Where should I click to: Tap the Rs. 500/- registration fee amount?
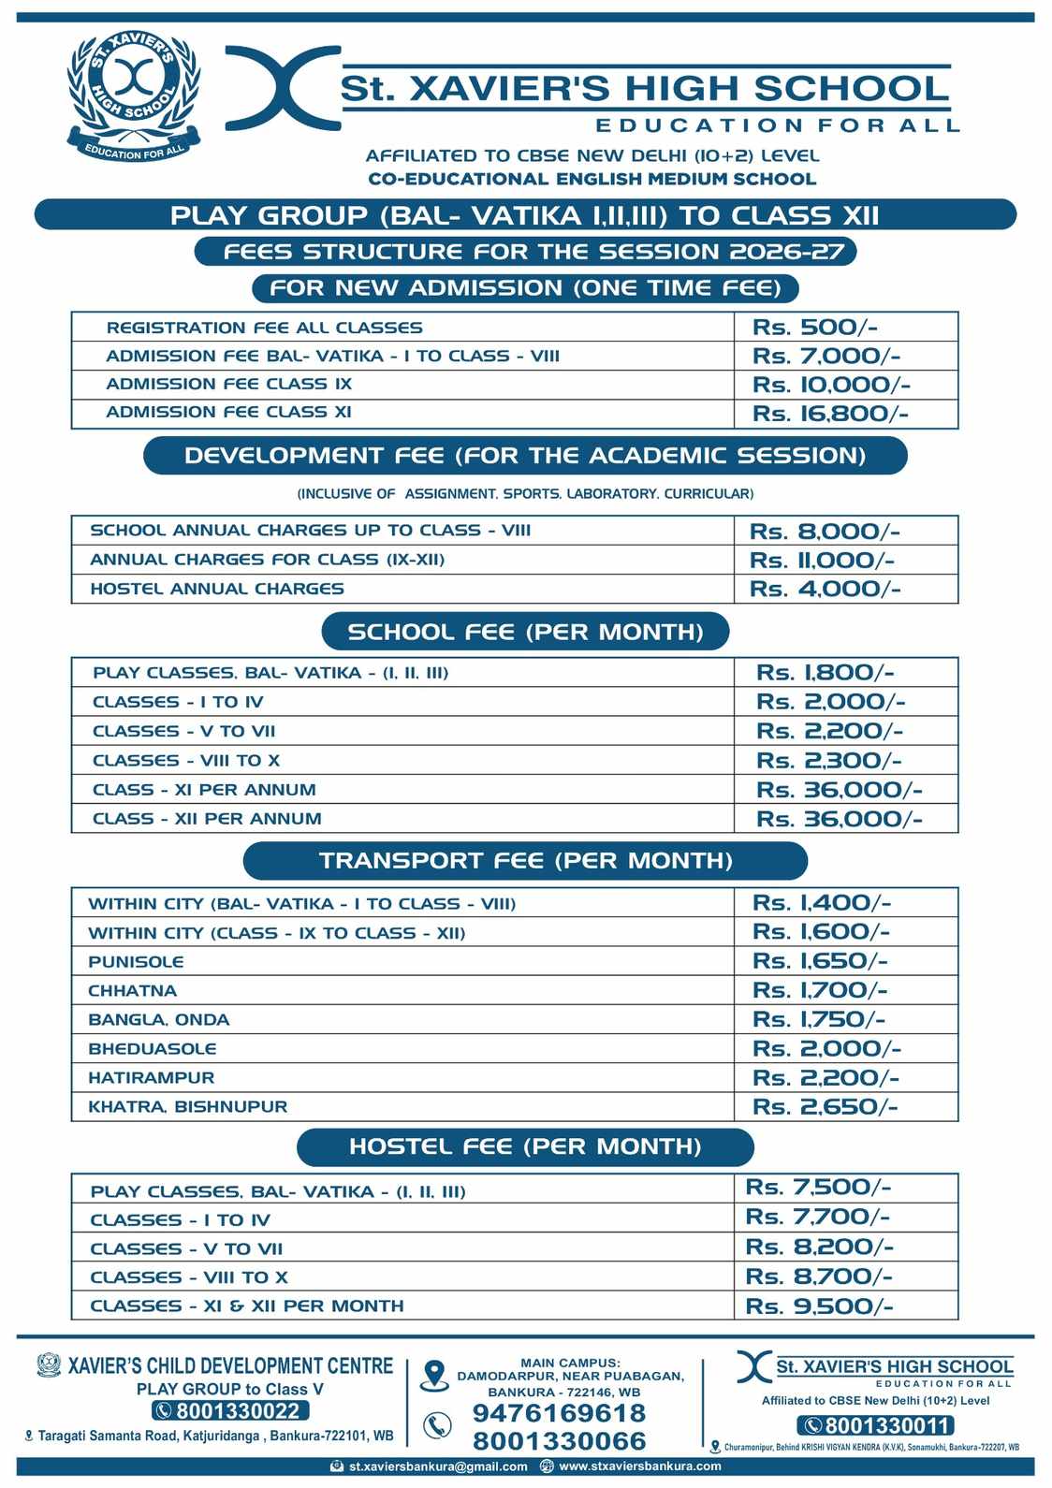click(814, 328)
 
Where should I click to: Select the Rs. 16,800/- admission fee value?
click(830, 414)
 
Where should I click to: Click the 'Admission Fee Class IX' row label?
click(228, 384)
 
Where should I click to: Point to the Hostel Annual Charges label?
click(217, 589)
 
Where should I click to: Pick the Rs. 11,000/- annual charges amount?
click(822, 561)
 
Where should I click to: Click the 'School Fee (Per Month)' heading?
click(525, 632)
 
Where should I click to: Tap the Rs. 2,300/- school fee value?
click(829, 760)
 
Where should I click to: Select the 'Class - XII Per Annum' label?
click(207, 818)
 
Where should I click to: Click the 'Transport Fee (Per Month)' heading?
click(525, 861)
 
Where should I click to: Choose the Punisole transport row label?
click(136, 961)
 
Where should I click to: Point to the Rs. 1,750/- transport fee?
click(819, 1019)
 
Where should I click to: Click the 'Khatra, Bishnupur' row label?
click(187, 1106)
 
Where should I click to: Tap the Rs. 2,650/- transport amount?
click(825, 1106)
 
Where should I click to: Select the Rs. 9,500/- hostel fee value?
click(819, 1306)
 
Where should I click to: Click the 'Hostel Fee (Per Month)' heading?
click(525, 1146)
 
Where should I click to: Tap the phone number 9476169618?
click(559, 1413)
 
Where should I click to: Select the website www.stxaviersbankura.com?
click(639, 1466)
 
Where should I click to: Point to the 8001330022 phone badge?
click(230, 1411)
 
